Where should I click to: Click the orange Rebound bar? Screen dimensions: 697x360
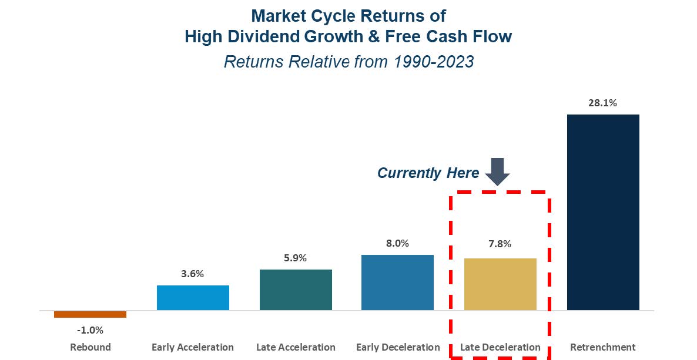pyautogui.click(x=91, y=314)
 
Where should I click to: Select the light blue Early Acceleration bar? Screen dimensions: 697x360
pyautogui.click(x=193, y=298)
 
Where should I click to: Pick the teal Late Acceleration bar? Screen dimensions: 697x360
pyautogui.click(x=296, y=290)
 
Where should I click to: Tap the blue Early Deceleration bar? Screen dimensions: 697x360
pyautogui.click(x=397, y=282)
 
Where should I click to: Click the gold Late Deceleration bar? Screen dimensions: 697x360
pyautogui.click(x=500, y=284)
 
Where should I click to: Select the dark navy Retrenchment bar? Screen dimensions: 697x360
pyautogui.click(x=603, y=213)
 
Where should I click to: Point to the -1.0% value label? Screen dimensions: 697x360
pyautogui.click(x=91, y=330)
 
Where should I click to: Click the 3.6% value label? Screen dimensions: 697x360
pyautogui.click(x=193, y=274)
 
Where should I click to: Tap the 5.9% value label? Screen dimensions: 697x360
pyautogui.click(x=295, y=258)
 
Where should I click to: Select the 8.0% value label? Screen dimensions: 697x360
pyautogui.click(x=397, y=243)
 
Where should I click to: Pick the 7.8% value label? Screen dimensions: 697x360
pyautogui.click(x=500, y=244)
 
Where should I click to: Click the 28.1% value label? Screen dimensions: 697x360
pyautogui.click(x=603, y=103)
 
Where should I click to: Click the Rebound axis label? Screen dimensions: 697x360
pyautogui.click(x=91, y=347)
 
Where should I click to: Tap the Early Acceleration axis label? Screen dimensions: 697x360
pyautogui.click(x=193, y=347)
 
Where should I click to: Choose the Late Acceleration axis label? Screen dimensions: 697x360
pyautogui.click(x=296, y=347)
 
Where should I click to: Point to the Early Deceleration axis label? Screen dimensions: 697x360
pyautogui.click(x=398, y=347)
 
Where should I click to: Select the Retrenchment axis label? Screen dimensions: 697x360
pyautogui.click(x=603, y=347)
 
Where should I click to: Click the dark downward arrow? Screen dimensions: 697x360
pyautogui.click(x=497, y=171)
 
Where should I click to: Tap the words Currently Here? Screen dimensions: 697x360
pyautogui.click(x=428, y=173)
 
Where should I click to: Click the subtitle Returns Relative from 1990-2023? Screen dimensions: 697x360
pyautogui.click(x=349, y=61)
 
